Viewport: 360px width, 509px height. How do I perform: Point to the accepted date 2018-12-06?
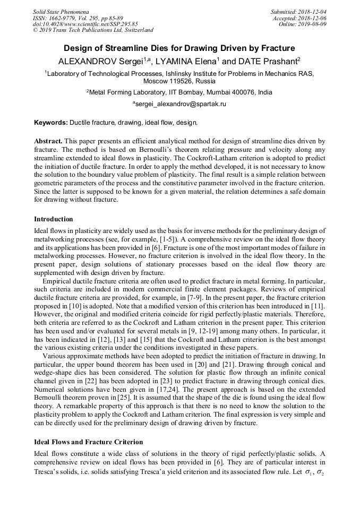(x=313, y=18)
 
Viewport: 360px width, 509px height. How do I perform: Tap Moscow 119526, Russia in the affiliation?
(x=179, y=82)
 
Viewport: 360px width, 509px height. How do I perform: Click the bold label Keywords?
(x=51, y=123)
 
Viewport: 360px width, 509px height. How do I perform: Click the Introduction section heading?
(x=54, y=219)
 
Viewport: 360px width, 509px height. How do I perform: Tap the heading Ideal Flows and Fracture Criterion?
(x=88, y=442)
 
